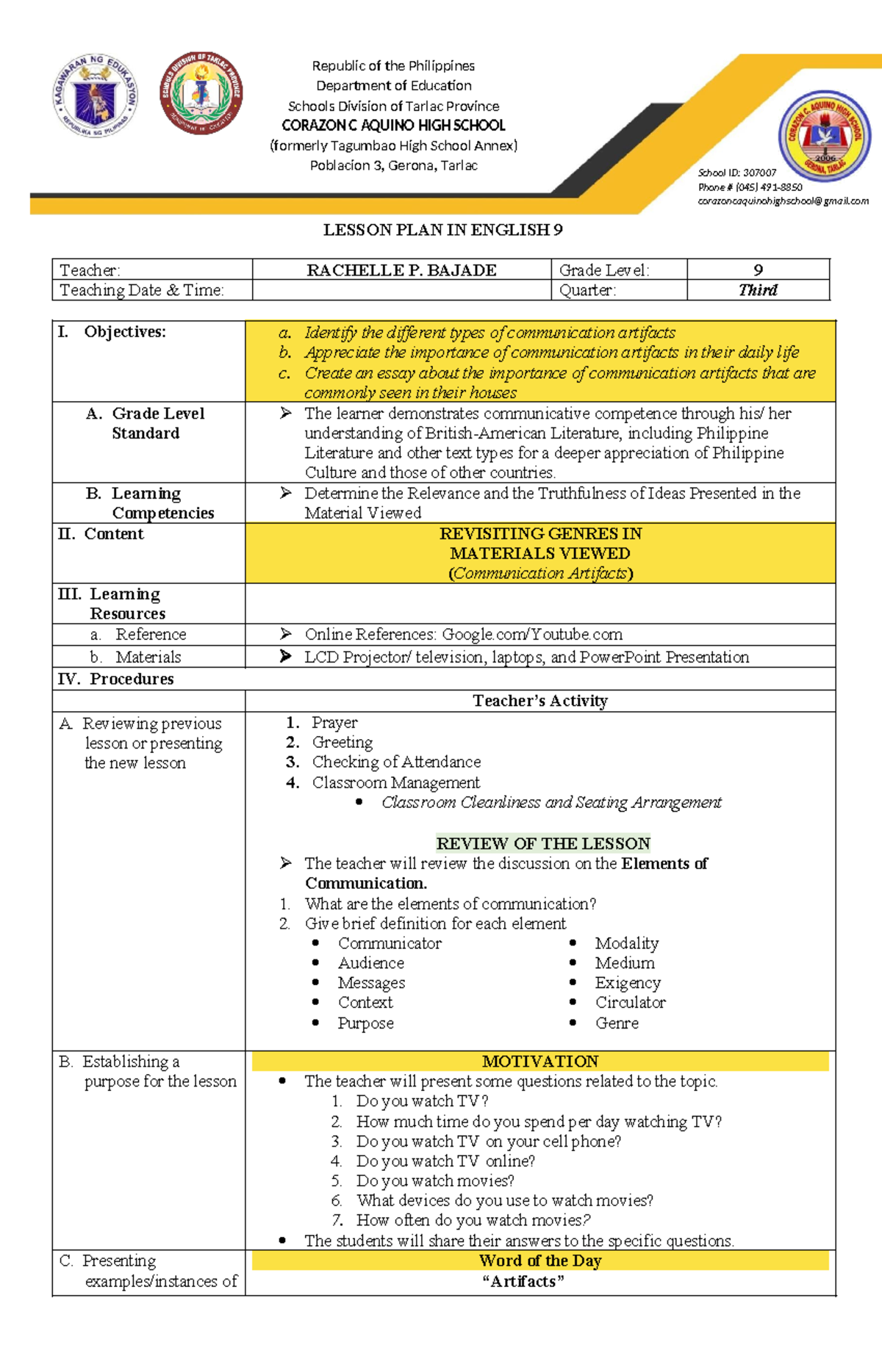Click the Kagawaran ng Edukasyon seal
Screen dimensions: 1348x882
[96, 95]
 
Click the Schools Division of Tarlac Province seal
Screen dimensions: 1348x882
[201, 93]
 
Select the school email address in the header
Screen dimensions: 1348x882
[783, 201]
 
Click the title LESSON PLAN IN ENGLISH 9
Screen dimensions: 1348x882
[442, 230]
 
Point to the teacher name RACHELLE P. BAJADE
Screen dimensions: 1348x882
[401, 270]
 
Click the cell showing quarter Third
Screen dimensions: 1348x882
[758, 290]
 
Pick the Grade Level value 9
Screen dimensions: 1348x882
[758, 270]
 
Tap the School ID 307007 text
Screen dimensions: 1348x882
[736, 173]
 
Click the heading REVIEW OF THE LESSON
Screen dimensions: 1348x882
[542, 843]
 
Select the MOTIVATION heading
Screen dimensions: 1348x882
[540, 1062]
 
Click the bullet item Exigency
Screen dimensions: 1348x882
[628, 983]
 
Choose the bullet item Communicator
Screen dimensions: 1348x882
[390, 943]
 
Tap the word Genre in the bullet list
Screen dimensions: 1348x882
[617, 1023]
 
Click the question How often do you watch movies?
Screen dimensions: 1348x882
[473, 1220]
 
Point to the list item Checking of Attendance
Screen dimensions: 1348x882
[396, 762]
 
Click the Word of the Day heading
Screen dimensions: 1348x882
[540, 1261]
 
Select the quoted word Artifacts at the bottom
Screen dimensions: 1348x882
[523, 1281]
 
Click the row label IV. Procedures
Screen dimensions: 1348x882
[116, 679]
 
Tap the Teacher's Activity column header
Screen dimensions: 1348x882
[540, 701]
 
